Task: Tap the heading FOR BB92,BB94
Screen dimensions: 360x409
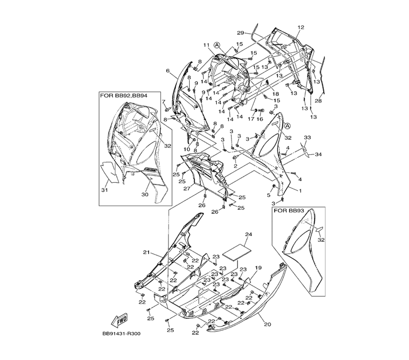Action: (123, 95)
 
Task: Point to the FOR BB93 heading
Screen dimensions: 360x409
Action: (289, 211)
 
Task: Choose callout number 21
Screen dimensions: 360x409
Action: (146, 252)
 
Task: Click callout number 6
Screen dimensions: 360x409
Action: (168, 70)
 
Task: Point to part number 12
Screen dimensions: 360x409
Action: (301, 27)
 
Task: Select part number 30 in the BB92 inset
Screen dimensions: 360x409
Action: (144, 195)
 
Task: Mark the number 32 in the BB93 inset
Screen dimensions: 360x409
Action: (321, 240)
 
